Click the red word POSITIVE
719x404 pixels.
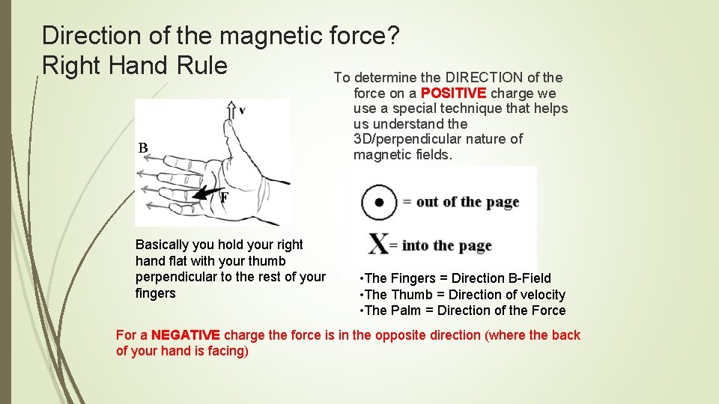click(454, 94)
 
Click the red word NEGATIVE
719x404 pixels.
click(186, 335)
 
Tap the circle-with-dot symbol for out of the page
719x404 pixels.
click(380, 202)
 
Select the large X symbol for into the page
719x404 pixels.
click(379, 245)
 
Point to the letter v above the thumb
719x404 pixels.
click(241, 111)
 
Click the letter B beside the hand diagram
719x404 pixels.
click(143, 148)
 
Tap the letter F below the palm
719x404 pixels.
click(224, 198)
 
